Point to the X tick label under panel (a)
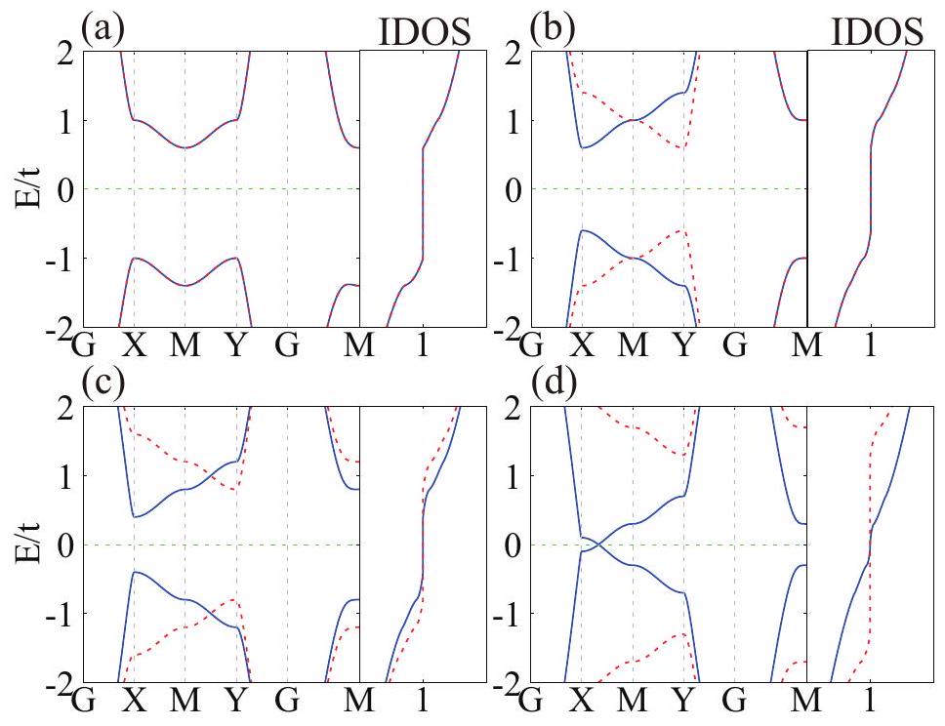pos(135,344)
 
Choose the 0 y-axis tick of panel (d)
pos(518,544)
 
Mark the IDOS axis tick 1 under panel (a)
pos(423,344)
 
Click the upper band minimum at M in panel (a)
pos(185,147)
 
